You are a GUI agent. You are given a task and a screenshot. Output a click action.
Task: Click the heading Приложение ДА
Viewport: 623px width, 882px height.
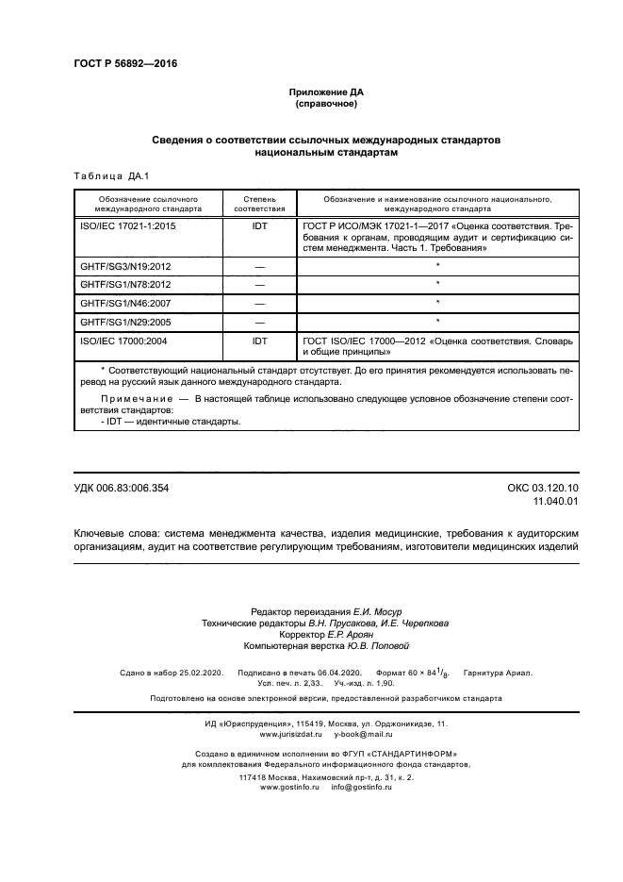(325, 92)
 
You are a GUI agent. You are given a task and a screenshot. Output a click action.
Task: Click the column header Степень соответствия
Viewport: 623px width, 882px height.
(258, 205)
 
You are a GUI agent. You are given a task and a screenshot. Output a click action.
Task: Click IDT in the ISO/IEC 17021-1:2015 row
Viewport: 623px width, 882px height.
(259, 227)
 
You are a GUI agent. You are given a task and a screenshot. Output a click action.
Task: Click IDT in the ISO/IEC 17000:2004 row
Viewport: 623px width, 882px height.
(259, 339)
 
